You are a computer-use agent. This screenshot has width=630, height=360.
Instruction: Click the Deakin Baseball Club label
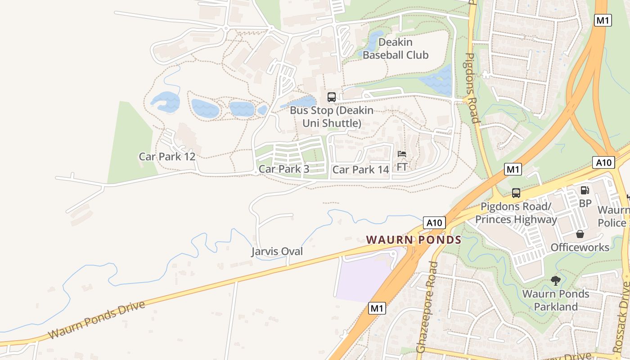coord(396,49)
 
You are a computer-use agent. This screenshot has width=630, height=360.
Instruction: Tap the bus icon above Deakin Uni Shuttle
coord(332,97)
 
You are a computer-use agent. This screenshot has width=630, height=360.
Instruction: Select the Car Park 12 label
coord(167,157)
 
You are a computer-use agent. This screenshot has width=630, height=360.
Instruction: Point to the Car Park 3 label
coord(284,169)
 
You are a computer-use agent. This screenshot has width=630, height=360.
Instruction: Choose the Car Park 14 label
coord(360,170)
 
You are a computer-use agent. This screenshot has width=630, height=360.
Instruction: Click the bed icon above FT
coord(402,154)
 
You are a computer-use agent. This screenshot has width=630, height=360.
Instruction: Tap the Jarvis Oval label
coord(277,252)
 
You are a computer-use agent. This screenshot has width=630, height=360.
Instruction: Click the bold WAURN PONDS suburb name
coord(414,240)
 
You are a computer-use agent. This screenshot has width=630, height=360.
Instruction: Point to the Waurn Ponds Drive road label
coord(97,320)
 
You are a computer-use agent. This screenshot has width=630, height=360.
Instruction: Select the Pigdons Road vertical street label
coord(471,88)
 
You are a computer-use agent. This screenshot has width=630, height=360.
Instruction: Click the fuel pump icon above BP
coord(585,190)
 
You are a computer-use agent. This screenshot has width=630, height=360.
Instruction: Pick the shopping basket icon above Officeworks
coord(580,234)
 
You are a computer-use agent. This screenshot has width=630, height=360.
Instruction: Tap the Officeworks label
coord(580,247)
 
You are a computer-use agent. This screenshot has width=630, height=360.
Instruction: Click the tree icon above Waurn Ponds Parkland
coord(556,281)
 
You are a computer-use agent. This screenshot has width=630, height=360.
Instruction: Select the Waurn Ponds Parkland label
coord(556,300)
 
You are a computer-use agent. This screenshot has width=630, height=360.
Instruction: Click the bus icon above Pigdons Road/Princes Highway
coord(516,193)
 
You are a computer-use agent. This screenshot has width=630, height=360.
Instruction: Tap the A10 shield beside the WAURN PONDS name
coord(434,223)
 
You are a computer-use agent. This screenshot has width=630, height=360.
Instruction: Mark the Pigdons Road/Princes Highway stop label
coord(516,213)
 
